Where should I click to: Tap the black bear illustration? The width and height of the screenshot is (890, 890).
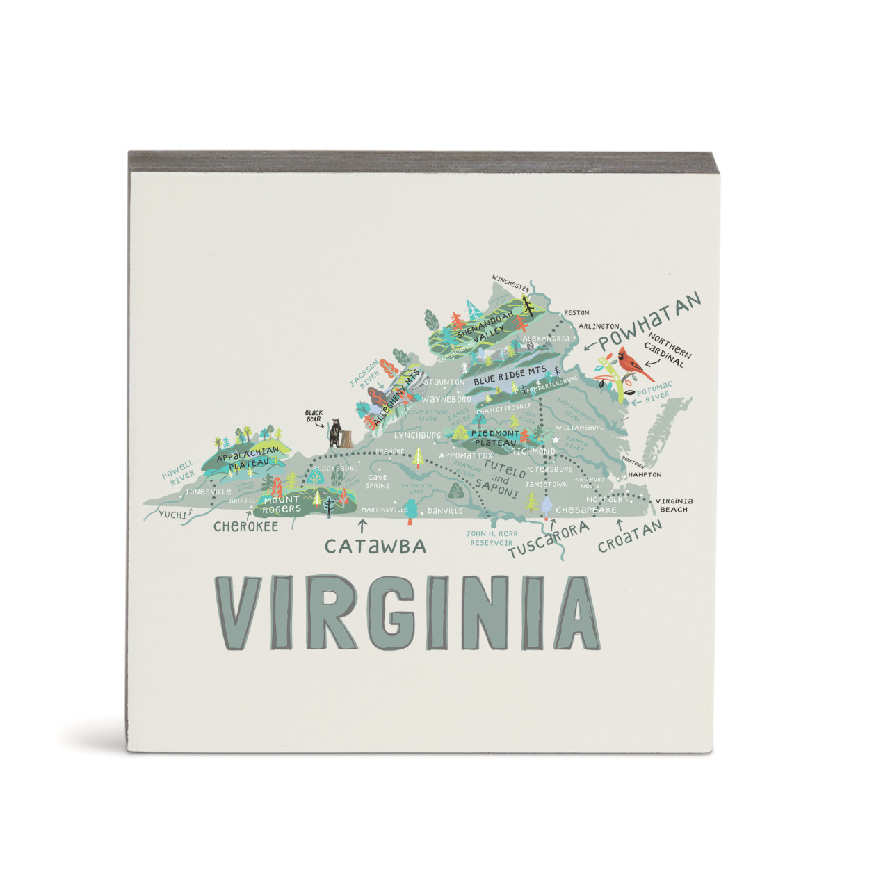(336, 434)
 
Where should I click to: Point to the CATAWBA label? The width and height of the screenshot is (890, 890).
(375, 547)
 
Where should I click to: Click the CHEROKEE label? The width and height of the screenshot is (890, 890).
(245, 526)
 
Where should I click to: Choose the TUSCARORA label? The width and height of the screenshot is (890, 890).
(549, 541)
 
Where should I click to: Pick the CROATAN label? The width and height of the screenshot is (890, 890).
(630, 536)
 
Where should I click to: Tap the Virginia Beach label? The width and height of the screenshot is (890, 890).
(674, 505)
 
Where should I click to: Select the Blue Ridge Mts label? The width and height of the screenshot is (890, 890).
(510, 376)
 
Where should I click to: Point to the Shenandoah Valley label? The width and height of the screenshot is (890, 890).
(487, 327)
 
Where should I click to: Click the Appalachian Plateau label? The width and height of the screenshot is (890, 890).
(248, 456)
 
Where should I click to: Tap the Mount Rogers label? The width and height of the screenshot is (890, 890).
(282, 504)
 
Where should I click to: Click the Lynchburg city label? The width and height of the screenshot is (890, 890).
(417, 435)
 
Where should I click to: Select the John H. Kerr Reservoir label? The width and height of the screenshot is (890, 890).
(492, 538)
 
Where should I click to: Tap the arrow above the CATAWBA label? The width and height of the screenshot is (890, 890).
(362, 526)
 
